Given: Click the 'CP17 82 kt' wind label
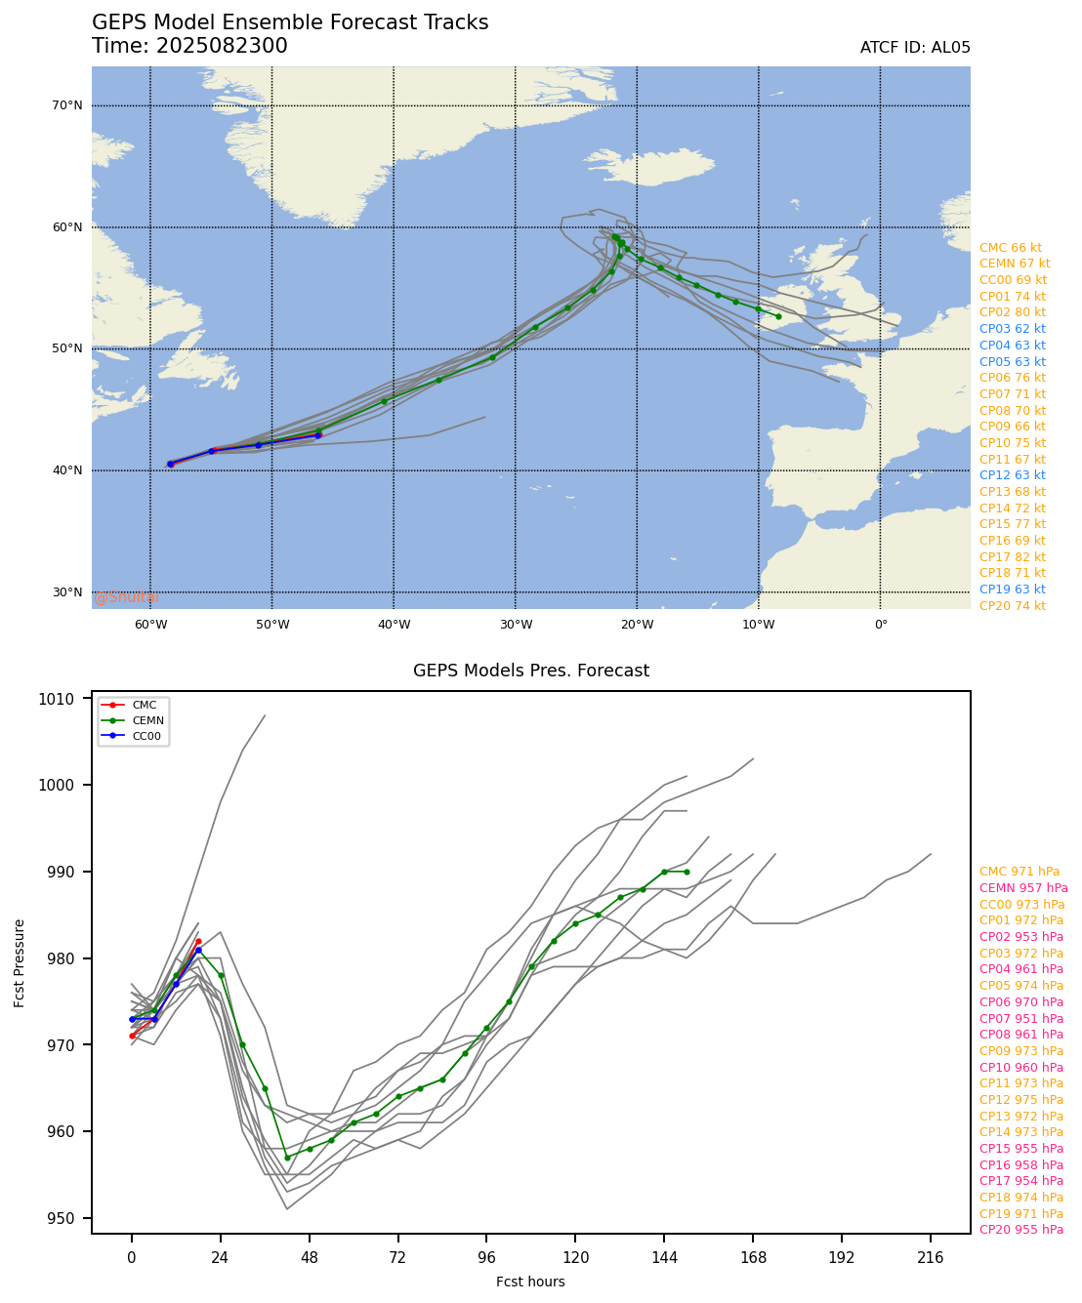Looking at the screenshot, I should (1013, 556).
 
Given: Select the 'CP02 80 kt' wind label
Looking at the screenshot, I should (1013, 312).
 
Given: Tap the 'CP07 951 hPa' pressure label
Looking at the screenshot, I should (1021, 1018).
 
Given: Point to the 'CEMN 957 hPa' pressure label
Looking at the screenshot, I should (1023, 888).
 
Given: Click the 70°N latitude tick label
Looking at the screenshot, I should (66, 105).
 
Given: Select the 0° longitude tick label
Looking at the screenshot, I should (880, 625).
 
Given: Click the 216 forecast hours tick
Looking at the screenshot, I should (930, 1258).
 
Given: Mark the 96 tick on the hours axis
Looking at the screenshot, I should (486, 1258).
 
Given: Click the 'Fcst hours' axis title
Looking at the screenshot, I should (530, 1282).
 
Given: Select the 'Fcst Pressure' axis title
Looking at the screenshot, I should (20, 962).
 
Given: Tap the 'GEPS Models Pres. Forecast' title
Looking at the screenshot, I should (530, 671).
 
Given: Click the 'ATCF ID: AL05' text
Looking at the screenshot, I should (915, 48).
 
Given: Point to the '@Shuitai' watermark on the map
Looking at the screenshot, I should (127, 597).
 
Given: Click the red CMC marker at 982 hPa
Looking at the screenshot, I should (198, 942).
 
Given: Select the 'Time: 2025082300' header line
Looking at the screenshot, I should (189, 46).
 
